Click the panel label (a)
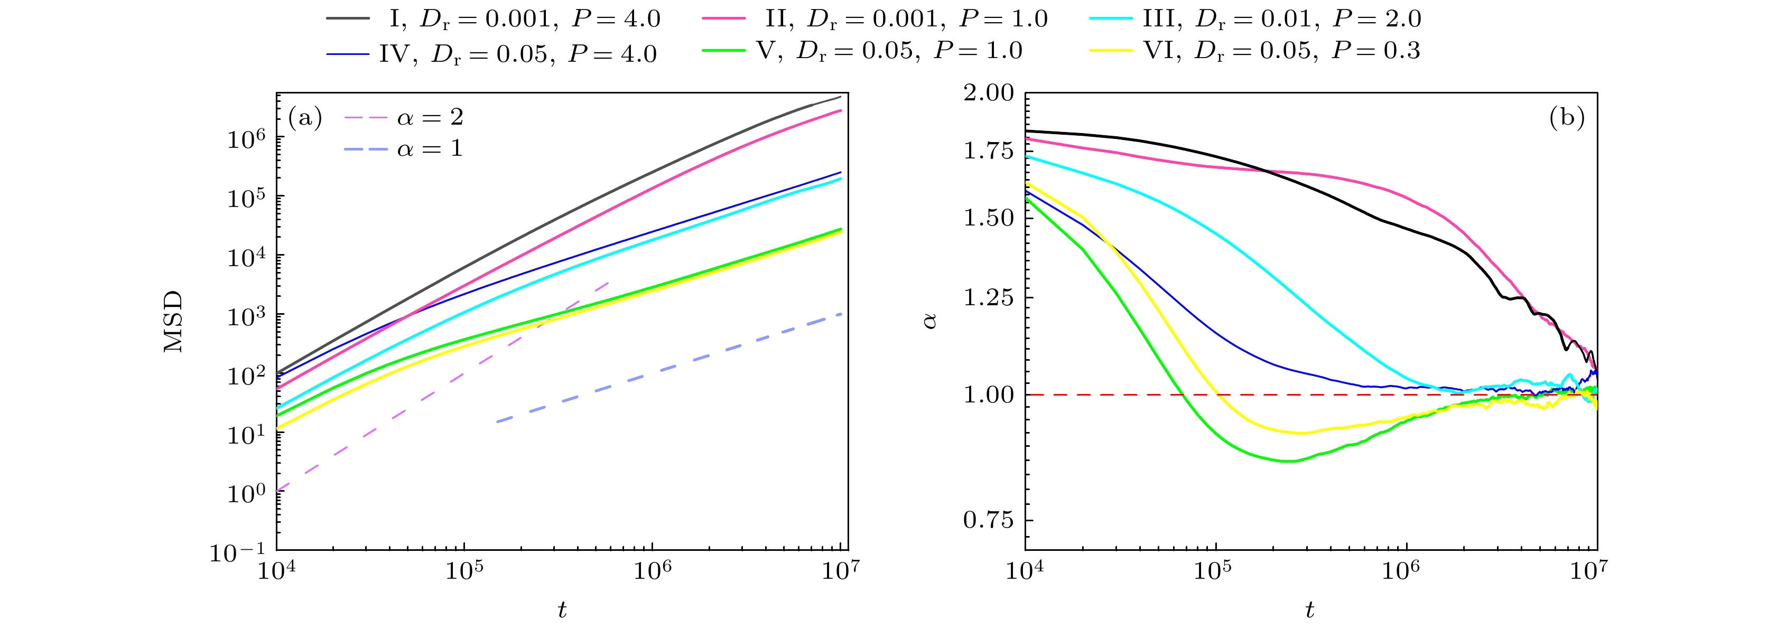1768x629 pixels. point(305,118)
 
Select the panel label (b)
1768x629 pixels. point(1567,118)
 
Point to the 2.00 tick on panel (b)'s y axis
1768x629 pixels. point(988,92)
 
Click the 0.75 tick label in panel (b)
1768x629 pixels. point(988,520)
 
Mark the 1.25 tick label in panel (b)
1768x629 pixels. point(988,298)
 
